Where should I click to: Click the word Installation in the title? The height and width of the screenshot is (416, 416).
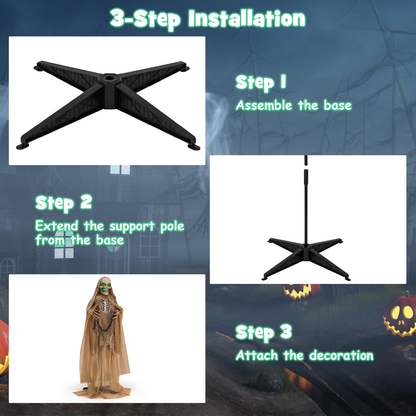click(247, 19)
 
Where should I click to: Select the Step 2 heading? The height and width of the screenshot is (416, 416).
click(64, 203)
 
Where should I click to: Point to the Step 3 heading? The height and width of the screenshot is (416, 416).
click(264, 333)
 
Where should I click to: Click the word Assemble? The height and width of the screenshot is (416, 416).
click(264, 105)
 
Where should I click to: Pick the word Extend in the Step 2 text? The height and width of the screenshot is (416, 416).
click(57, 226)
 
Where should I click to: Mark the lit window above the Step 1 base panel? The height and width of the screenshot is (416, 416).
click(120, 169)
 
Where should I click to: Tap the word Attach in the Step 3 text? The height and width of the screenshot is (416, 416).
click(257, 355)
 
